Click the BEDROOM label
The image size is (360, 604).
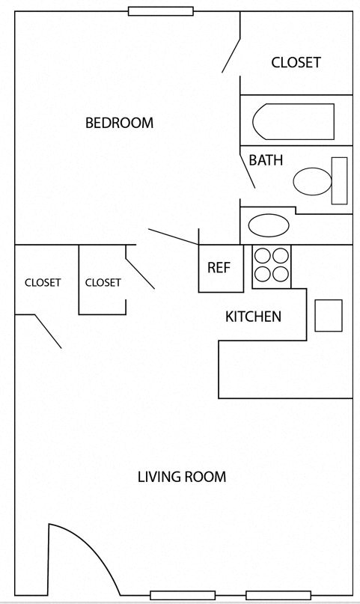119,123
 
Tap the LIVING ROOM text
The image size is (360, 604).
181,477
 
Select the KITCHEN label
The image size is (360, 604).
253,317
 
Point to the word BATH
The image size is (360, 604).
265,160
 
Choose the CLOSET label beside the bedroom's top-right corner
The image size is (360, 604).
296,62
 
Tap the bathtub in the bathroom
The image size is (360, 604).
293,121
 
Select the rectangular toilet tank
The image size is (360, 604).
340,180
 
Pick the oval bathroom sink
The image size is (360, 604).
268,225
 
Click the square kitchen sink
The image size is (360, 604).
328,315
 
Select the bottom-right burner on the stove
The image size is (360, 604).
280,274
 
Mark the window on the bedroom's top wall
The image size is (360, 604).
160,11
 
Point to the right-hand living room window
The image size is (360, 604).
278,595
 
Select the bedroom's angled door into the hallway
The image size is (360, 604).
173,237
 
